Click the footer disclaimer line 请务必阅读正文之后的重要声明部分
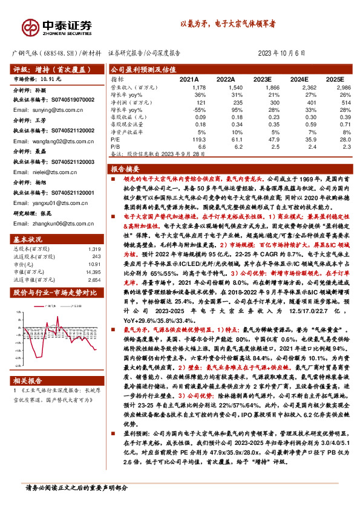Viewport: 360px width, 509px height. point(76,487)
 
